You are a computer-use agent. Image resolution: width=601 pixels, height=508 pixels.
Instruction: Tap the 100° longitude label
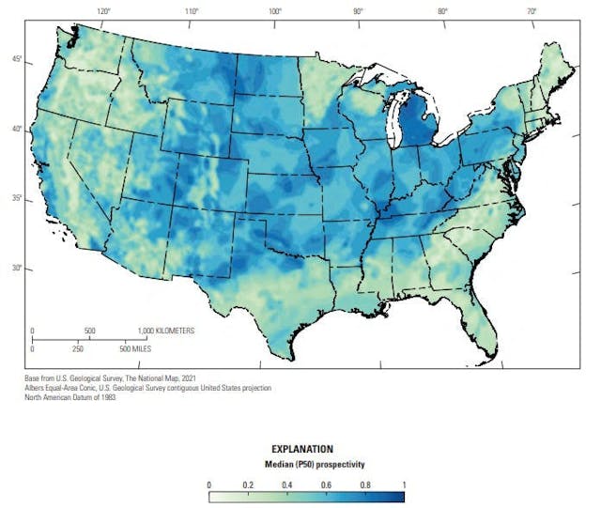pyautogui.click(x=274, y=12)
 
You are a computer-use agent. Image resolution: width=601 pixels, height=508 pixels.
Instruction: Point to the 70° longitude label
pyautogui.click(x=531, y=12)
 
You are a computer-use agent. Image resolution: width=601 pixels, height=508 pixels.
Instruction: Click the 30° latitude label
pyautogui.click(x=17, y=268)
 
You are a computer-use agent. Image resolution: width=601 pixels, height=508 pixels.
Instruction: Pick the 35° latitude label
pyautogui.click(x=17, y=199)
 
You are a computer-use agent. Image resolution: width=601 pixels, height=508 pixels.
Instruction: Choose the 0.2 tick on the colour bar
pyautogui.click(x=247, y=485)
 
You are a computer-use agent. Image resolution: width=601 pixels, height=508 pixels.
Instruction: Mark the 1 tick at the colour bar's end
pyautogui.click(x=403, y=485)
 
